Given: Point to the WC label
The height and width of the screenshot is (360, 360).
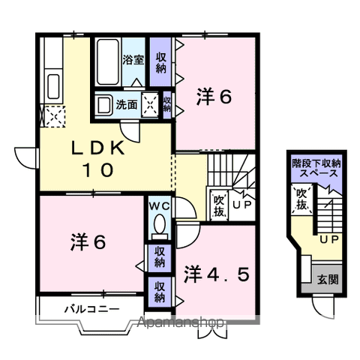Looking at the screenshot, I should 158,205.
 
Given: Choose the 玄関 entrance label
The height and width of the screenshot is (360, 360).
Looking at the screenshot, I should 326,280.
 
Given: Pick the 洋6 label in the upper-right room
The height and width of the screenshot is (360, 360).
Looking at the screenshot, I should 214,97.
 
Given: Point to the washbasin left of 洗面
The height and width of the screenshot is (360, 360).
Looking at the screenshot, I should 104,105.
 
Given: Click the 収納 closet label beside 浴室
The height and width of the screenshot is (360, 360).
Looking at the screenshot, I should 160,62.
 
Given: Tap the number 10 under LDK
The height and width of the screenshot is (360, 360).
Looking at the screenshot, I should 97,170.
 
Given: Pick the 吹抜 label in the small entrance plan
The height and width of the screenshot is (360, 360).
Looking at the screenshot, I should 300,199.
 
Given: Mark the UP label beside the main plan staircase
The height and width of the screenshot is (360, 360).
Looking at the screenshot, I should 241,203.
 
